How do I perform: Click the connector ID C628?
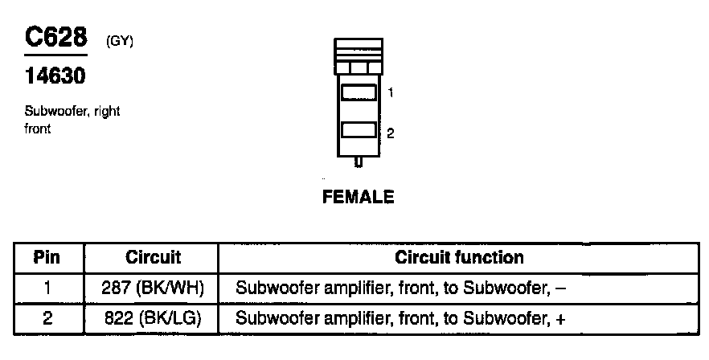click(x=55, y=38)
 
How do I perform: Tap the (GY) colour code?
click(x=119, y=42)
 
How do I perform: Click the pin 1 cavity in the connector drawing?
click(x=359, y=92)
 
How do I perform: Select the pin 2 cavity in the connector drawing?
click(x=359, y=130)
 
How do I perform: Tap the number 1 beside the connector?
click(x=390, y=93)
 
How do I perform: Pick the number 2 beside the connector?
click(x=390, y=133)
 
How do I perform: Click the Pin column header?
click(x=47, y=258)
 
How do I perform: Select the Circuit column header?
click(x=153, y=258)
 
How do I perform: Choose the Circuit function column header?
click(x=459, y=258)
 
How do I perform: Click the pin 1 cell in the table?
click(x=47, y=287)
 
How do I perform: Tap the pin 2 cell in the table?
click(x=47, y=318)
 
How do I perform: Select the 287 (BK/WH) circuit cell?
click(x=153, y=287)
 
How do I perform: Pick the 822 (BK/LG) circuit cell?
click(x=153, y=318)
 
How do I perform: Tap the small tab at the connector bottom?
click(x=359, y=162)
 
